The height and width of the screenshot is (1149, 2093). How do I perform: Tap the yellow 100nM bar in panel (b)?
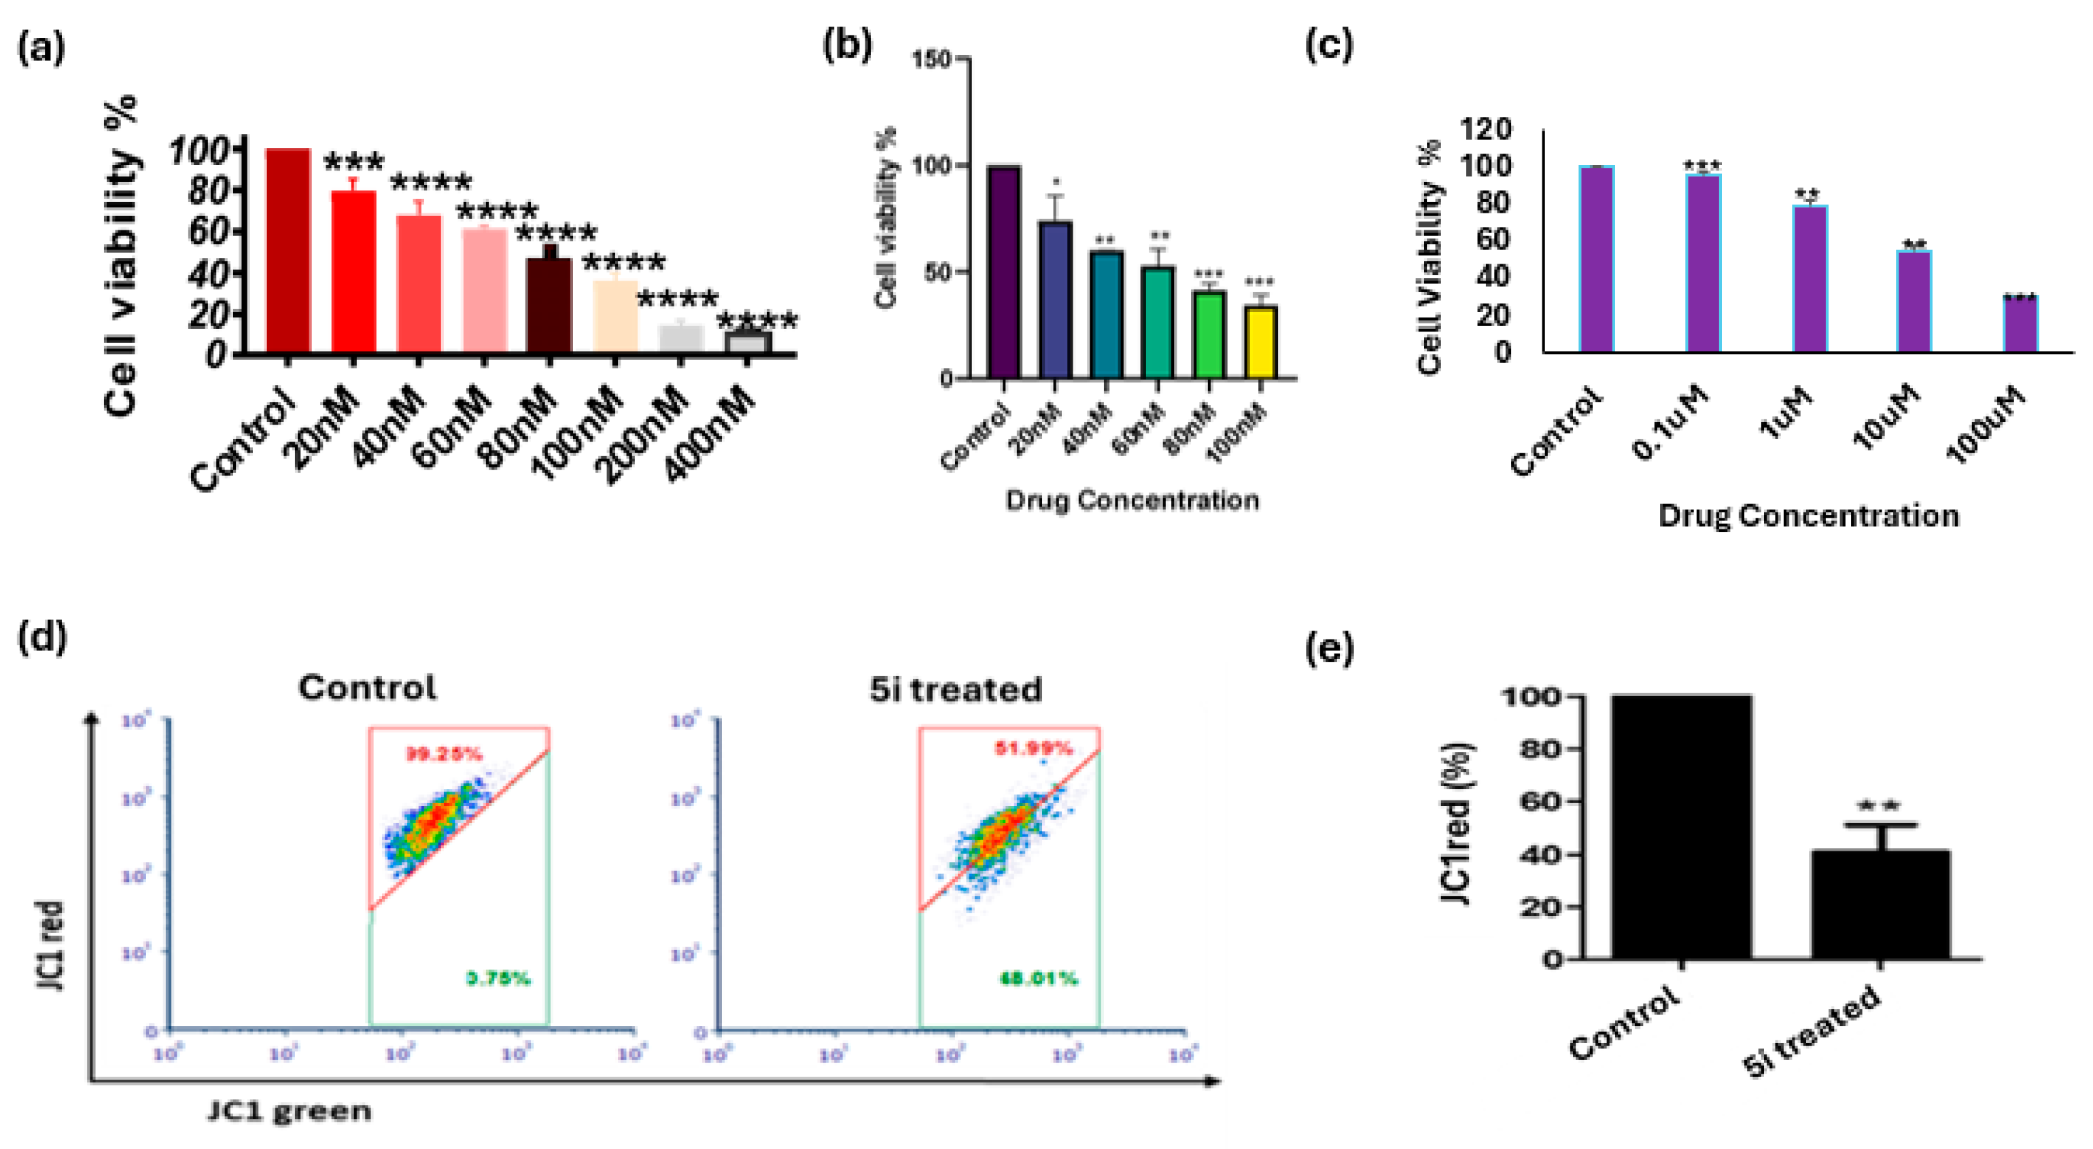1261,342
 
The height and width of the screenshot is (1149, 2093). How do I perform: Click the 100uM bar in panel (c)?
2021,324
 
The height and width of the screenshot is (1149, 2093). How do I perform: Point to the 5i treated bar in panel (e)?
1880,904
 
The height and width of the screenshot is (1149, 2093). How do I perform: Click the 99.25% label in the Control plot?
444,754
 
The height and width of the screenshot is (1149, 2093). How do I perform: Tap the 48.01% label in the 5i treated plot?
1039,978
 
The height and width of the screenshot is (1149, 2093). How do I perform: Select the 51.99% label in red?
1033,748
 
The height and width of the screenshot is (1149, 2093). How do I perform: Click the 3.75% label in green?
498,978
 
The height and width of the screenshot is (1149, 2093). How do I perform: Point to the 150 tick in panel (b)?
931,59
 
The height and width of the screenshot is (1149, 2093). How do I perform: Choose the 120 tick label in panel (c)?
1485,128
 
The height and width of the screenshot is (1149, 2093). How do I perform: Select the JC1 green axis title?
290,1111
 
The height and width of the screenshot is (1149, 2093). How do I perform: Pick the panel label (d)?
41,636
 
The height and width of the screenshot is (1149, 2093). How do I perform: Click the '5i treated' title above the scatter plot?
956,690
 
